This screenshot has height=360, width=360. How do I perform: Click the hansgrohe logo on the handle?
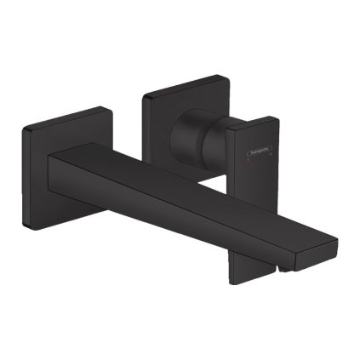258,153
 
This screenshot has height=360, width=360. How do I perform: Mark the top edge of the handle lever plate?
254,122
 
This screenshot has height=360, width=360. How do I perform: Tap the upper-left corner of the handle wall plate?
146,88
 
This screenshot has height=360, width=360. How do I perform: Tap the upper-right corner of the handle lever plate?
276,118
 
